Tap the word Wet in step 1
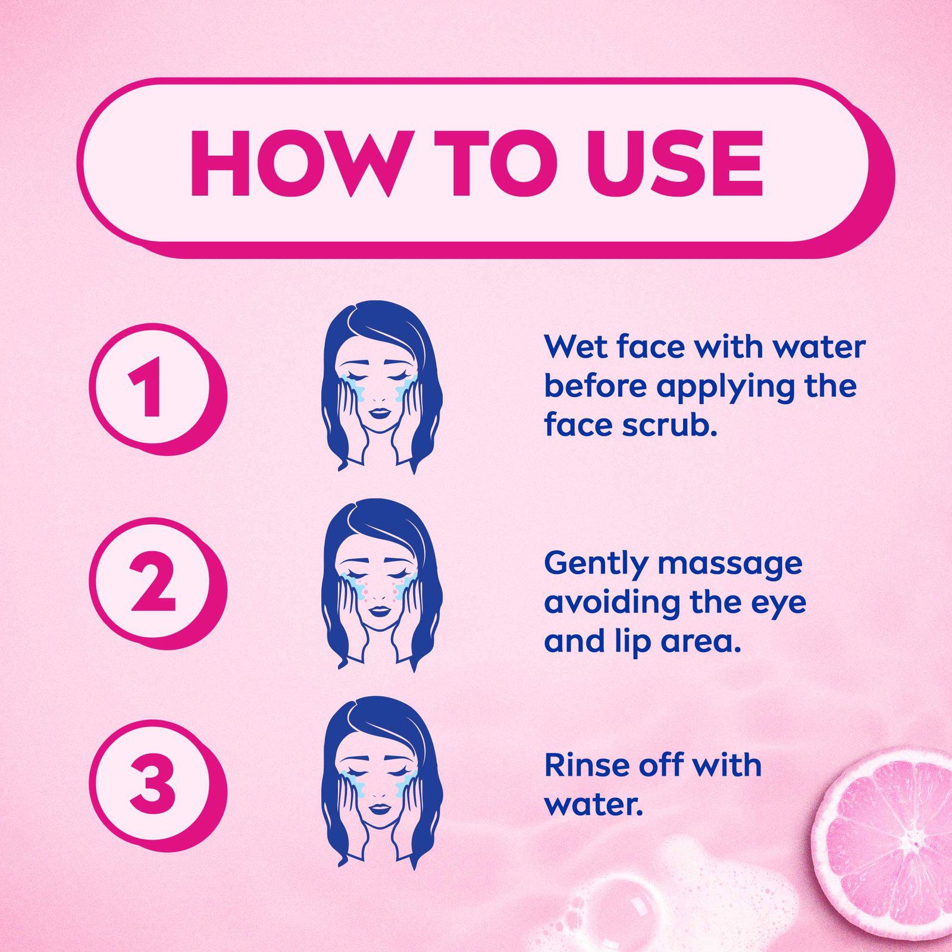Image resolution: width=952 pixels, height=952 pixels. coord(576,347)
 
